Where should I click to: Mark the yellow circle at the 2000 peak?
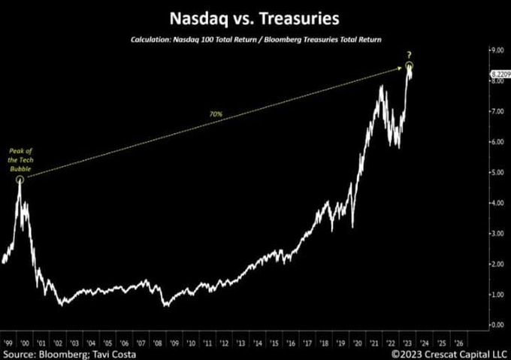(x=20, y=180)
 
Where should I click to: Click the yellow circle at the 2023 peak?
(x=410, y=67)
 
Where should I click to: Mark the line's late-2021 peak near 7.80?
(x=382, y=87)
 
